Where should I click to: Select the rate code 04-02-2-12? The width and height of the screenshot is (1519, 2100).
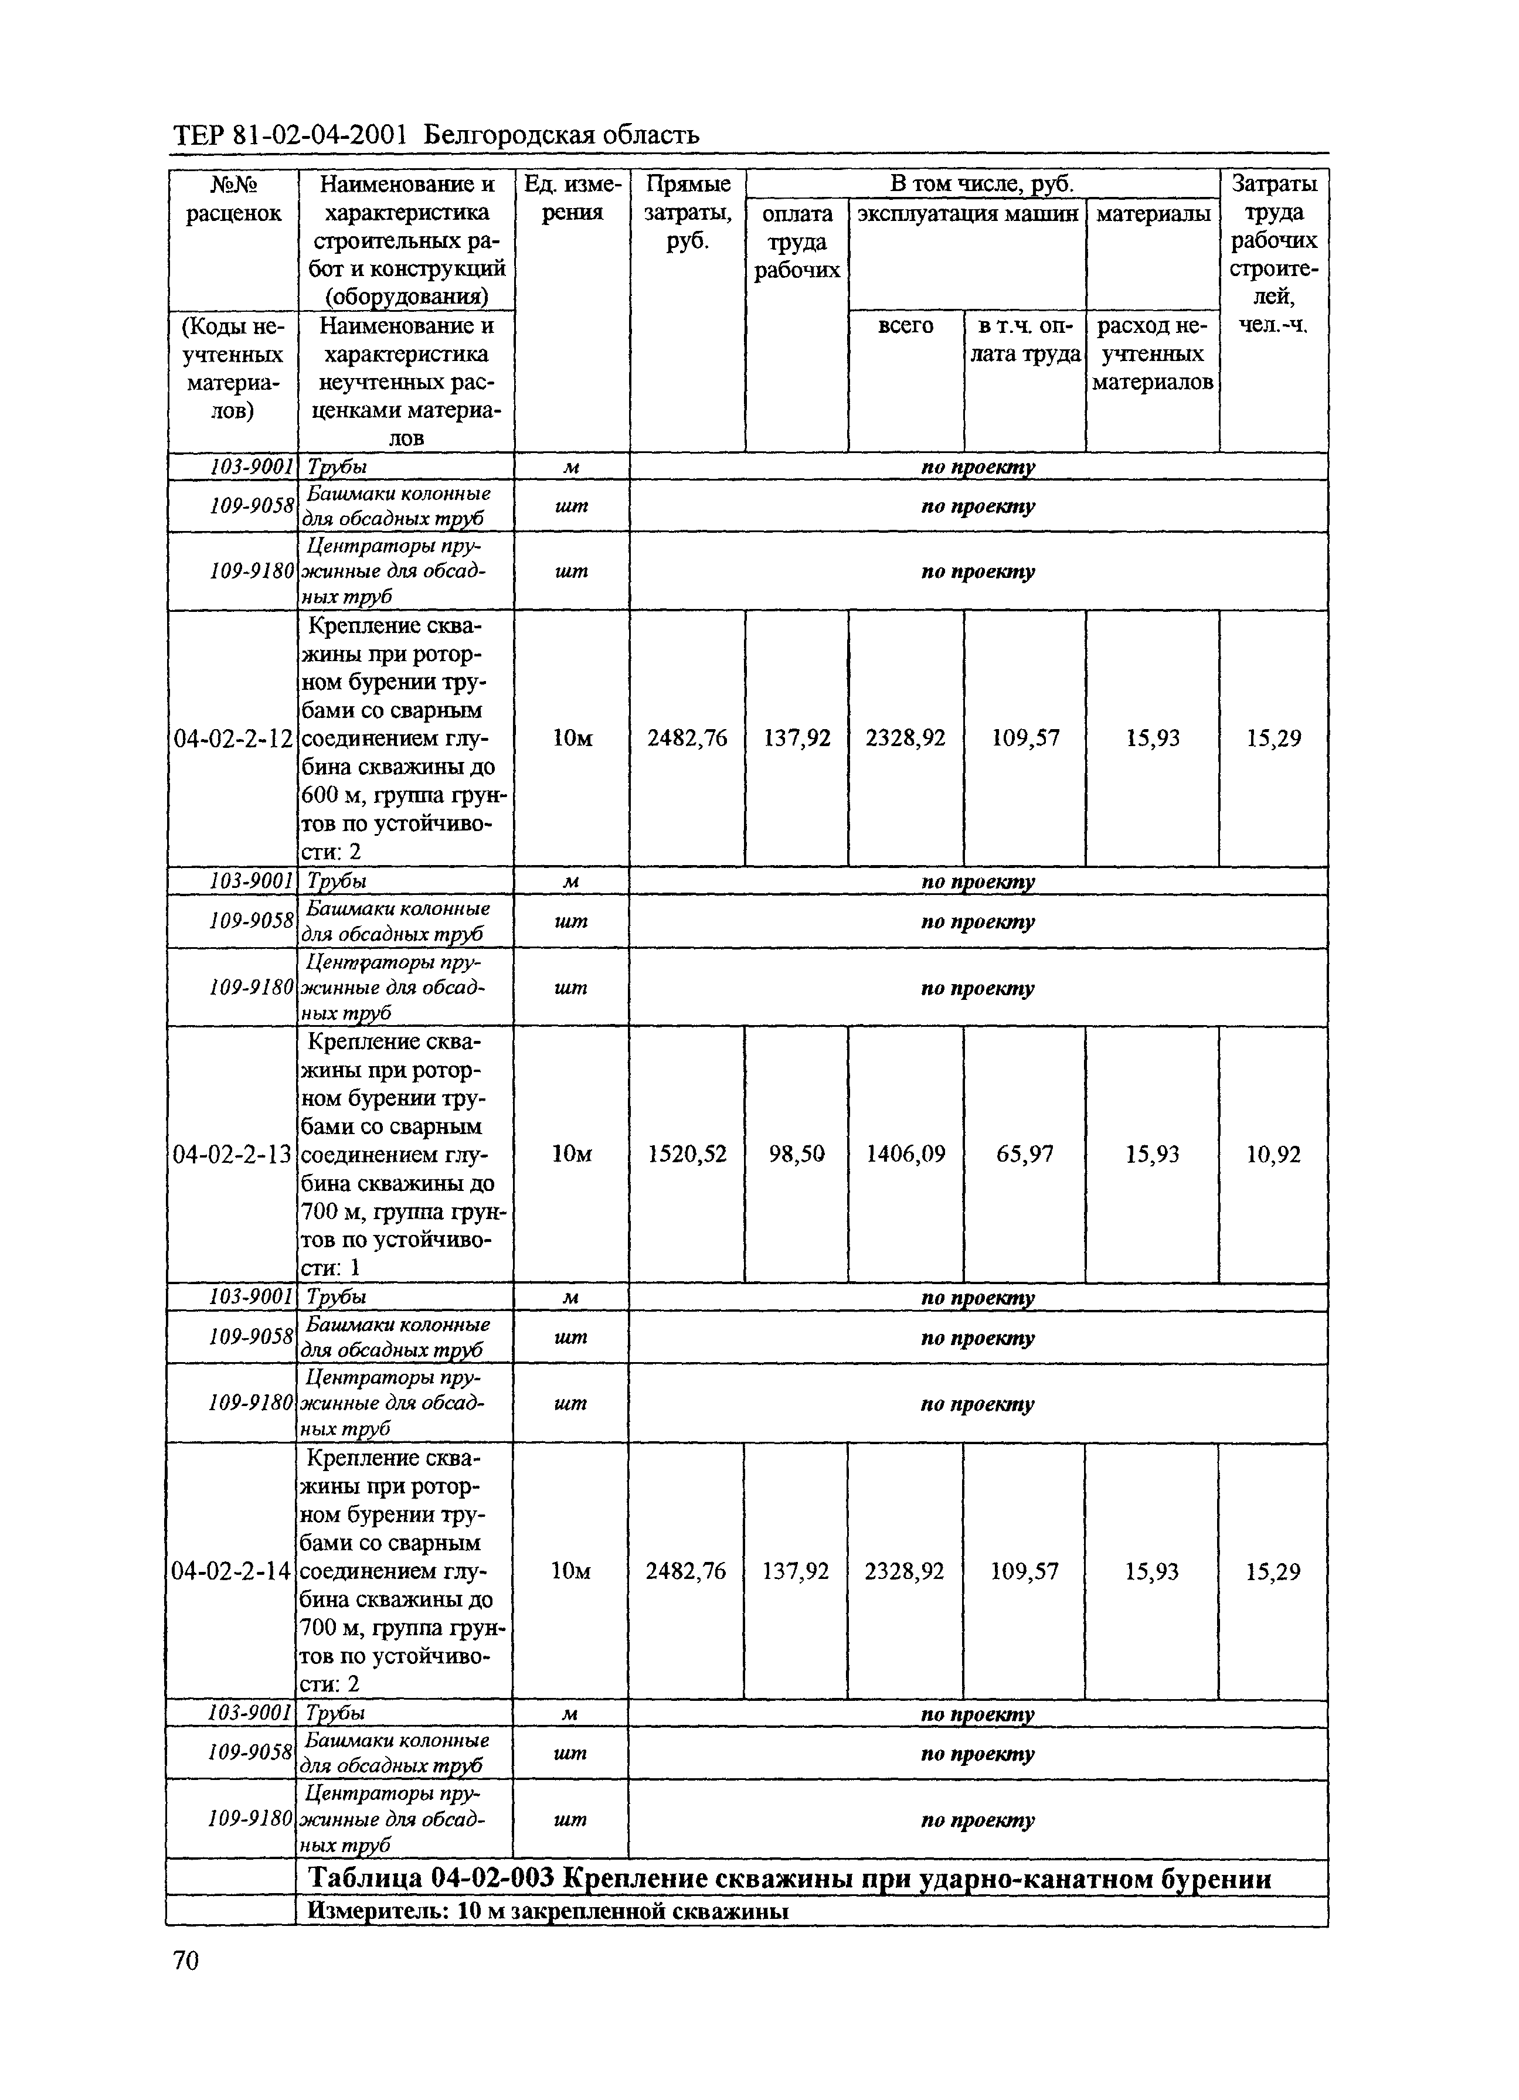(233, 739)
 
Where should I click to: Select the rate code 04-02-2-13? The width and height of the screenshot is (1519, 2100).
(233, 1155)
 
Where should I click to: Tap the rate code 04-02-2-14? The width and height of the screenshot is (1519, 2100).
(232, 1571)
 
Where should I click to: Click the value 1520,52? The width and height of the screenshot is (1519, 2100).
(687, 1155)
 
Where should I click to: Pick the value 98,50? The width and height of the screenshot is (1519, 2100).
(797, 1155)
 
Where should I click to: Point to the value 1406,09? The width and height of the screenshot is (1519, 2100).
(905, 1155)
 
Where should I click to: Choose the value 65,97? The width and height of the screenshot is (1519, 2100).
(1024, 1155)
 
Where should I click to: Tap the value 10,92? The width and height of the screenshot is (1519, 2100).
(1273, 1155)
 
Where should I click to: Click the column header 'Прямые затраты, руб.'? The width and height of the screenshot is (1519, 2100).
(687, 213)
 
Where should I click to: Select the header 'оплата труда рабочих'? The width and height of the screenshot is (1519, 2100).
(797, 241)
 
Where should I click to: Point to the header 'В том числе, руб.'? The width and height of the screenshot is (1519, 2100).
(982, 183)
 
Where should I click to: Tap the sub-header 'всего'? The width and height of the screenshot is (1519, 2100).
(905, 326)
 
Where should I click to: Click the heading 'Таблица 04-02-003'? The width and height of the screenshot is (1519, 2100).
(431, 1878)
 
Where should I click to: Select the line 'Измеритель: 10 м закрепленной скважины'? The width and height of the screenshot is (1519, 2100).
(548, 1910)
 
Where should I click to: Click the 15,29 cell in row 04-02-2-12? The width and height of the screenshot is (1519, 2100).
(1273, 739)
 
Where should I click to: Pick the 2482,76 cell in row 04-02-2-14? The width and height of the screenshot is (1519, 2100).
(687, 1571)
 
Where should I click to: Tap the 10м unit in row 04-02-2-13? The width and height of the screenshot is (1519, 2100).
(572, 1155)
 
